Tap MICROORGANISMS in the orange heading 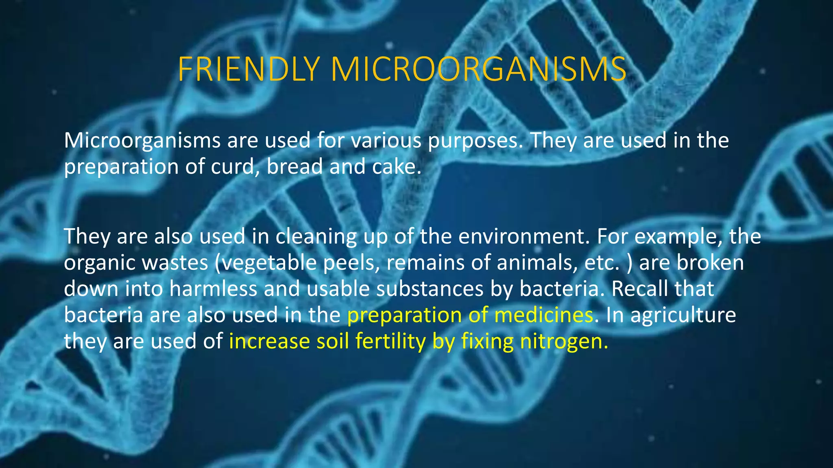(478, 69)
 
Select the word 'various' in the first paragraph (386, 141)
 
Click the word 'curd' (231, 167)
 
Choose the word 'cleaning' (316, 237)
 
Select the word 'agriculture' (683, 315)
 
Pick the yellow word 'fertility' (390, 341)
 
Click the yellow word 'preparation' (404, 316)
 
